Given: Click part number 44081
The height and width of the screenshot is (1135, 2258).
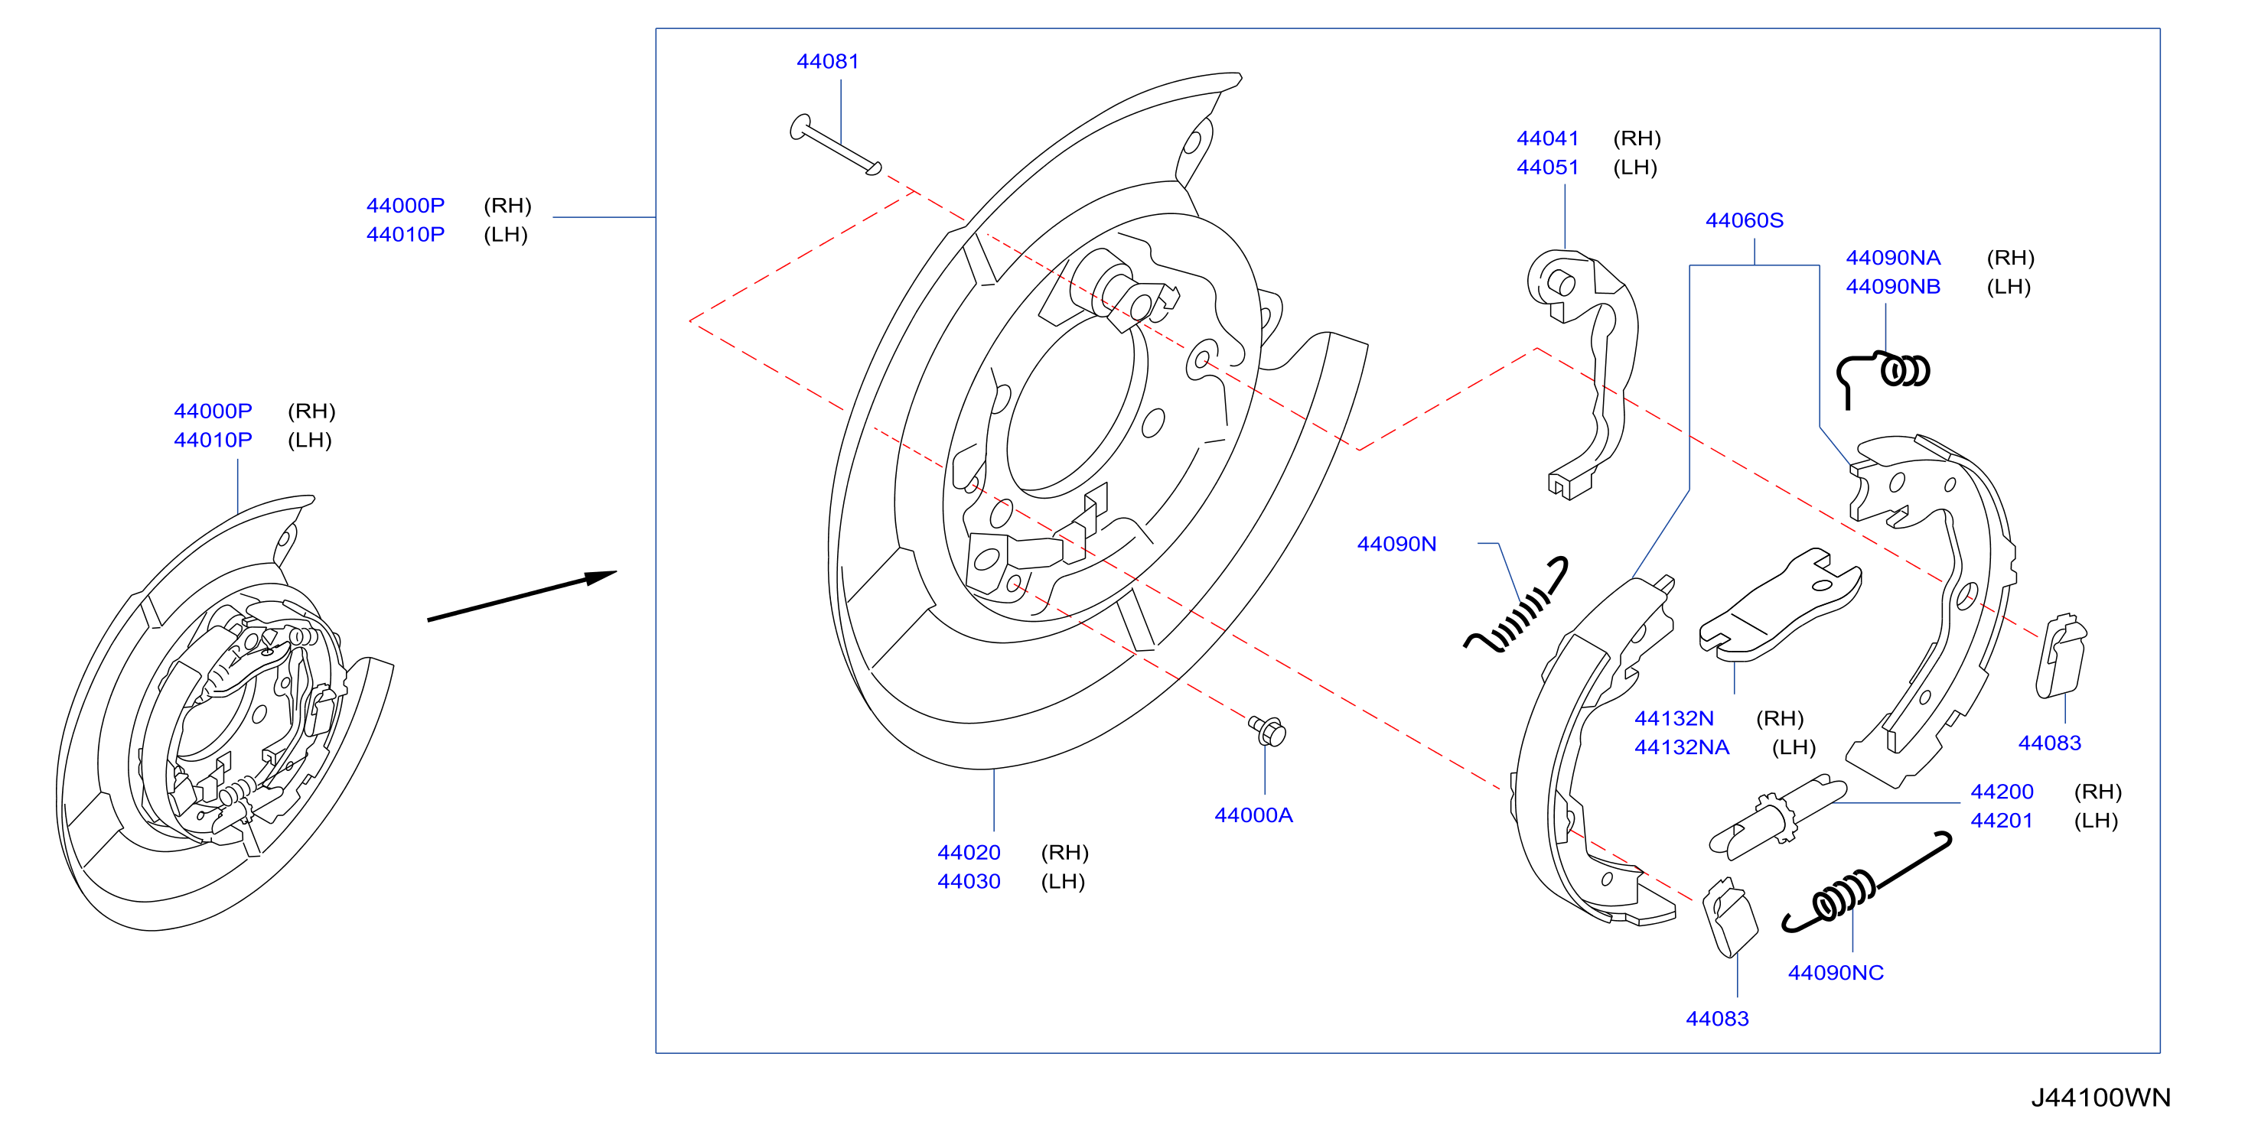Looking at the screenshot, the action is tap(827, 61).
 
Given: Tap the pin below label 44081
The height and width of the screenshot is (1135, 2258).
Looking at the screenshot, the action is tap(836, 145).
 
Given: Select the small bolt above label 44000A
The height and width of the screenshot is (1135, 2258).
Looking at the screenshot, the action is tap(1268, 730).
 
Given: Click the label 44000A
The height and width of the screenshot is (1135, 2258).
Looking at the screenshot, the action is tap(1253, 815).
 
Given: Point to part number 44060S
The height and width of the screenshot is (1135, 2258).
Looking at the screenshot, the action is tap(1745, 220).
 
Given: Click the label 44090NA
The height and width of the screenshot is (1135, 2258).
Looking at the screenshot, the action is tap(1893, 258).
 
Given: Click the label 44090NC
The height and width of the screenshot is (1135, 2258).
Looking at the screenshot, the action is tap(1836, 973).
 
